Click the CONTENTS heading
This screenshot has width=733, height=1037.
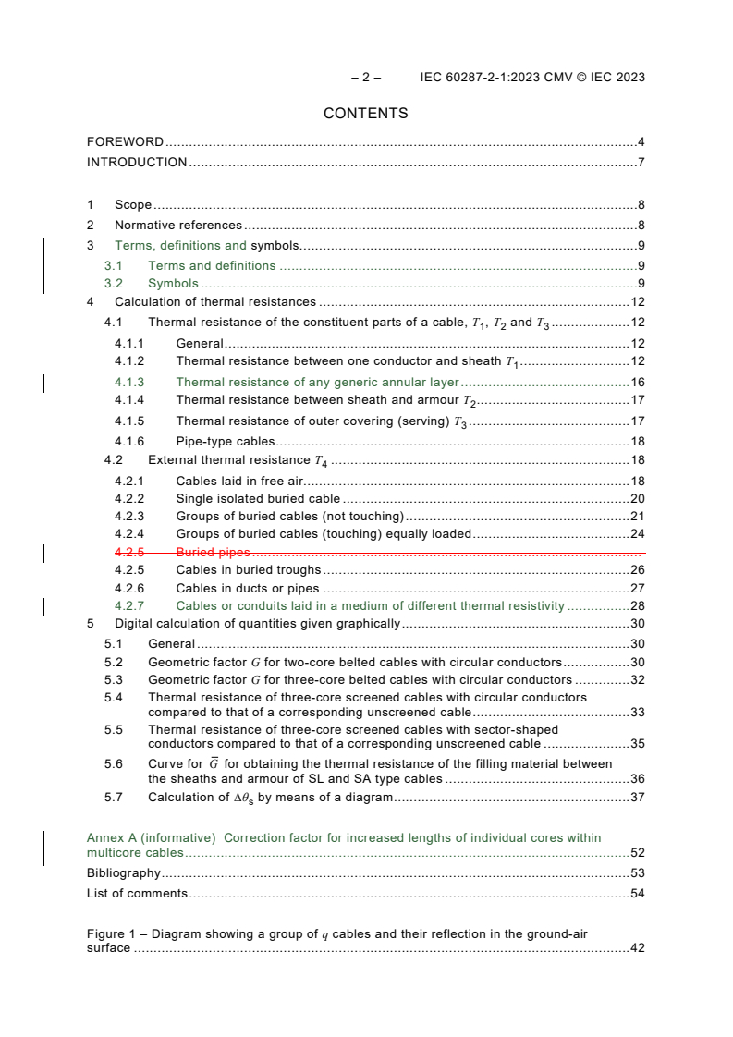point(365,114)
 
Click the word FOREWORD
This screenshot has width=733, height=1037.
point(125,142)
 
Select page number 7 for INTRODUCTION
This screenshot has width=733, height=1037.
point(641,163)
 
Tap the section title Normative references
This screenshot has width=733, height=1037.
point(177,225)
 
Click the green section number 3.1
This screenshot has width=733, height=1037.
point(113,266)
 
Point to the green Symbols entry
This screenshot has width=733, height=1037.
point(173,284)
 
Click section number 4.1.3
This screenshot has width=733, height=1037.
point(129,382)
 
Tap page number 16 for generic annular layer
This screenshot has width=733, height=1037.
point(637,382)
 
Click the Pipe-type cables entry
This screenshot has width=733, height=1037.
point(221,442)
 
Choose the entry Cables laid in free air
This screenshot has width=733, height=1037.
point(239,481)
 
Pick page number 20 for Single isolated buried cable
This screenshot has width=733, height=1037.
point(637,498)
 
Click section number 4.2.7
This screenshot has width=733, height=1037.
point(129,606)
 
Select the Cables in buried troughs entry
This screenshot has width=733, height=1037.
point(248,570)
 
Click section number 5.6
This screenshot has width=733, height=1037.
point(113,764)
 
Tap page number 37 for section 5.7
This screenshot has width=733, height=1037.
point(637,798)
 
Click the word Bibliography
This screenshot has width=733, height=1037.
point(123,872)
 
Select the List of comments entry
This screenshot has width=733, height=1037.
point(137,893)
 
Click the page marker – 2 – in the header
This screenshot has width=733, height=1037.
point(366,78)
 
